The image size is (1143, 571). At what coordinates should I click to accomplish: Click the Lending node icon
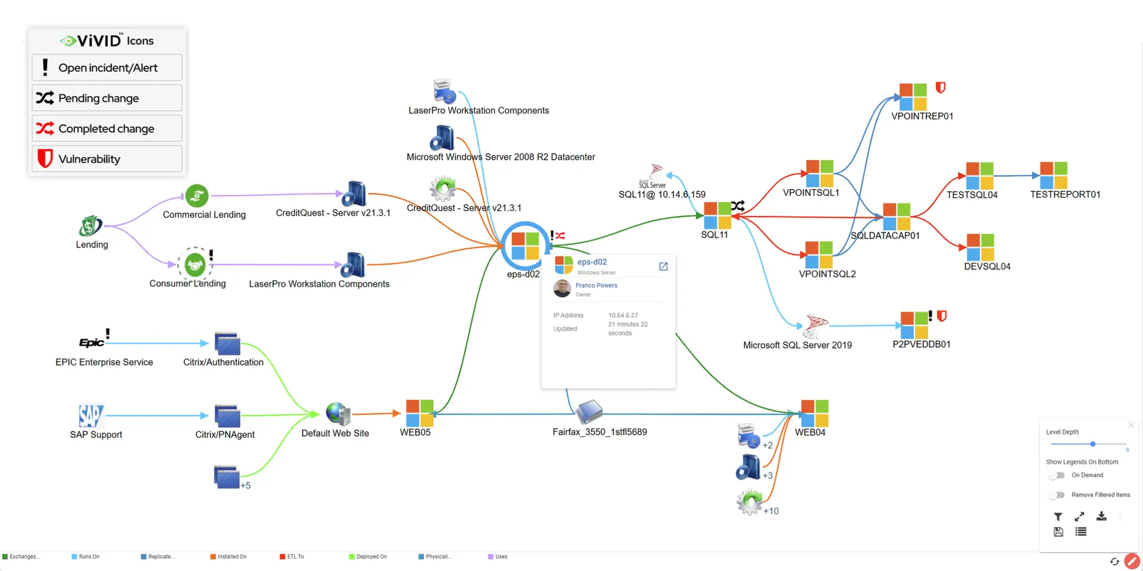point(90,226)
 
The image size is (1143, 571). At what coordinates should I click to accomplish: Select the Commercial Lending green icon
point(196,195)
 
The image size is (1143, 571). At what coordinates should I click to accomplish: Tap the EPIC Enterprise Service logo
point(92,343)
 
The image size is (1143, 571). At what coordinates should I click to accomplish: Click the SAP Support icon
point(90,416)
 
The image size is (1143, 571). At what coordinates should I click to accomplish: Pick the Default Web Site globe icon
point(338,413)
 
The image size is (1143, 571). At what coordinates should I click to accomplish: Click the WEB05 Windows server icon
point(419,413)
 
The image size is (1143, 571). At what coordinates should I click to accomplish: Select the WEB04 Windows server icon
point(814,413)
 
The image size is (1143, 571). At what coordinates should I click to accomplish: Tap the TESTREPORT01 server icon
point(1053,175)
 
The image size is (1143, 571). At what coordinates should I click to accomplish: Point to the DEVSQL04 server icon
point(980,247)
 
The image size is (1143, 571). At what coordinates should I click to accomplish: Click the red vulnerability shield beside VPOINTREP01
point(941,88)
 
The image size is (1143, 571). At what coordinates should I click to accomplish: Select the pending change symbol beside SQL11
point(738,206)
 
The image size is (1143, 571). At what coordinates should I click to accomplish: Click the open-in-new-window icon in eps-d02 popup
point(663,266)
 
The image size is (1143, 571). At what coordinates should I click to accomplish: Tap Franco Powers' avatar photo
point(562,288)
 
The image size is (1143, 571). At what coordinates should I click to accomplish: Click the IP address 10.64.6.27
point(623,315)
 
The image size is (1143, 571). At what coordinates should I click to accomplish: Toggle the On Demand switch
point(1057,475)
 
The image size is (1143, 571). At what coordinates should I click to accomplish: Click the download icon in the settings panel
point(1101,516)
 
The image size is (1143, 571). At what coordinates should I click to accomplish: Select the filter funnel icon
point(1058,517)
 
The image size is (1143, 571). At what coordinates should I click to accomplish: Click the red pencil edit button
point(1132,561)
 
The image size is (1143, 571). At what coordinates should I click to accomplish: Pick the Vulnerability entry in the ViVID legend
point(107,159)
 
